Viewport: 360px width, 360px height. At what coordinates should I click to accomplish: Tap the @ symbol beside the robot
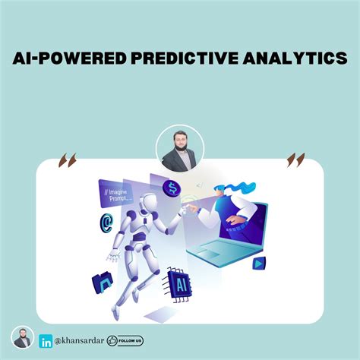point(106,223)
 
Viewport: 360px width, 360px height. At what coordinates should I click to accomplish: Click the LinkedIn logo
point(46,341)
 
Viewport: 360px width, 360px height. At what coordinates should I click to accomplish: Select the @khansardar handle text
point(79,341)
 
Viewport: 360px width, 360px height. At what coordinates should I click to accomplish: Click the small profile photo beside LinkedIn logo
point(23,338)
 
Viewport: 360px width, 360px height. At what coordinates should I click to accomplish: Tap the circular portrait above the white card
point(179,149)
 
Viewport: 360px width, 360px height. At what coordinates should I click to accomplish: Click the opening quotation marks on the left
point(67,160)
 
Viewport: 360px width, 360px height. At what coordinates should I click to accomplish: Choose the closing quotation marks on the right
point(295,159)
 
